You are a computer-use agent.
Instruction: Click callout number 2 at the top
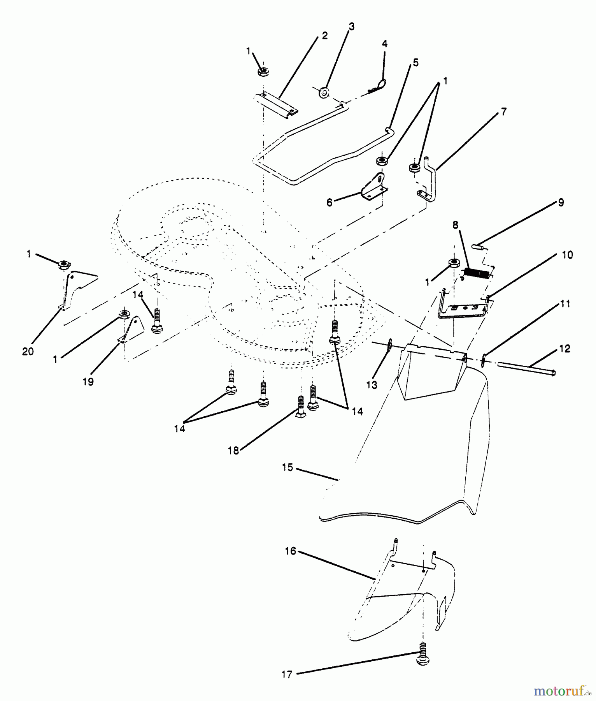click(x=324, y=36)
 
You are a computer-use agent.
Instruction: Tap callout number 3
click(x=351, y=27)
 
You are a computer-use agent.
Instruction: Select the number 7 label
click(x=504, y=112)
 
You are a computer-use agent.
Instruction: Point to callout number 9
click(x=561, y=203)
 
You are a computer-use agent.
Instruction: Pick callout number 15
click(x=287, y=467)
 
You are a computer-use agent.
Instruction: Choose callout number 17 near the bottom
click(x=287, y=674)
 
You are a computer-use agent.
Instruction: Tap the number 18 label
click(x=233, y=451)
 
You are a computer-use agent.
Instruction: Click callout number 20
click(x=28, y=351)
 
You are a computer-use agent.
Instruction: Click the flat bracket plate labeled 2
click(x=276, y=104)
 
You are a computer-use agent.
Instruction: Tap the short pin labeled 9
click(x=479, y=246)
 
